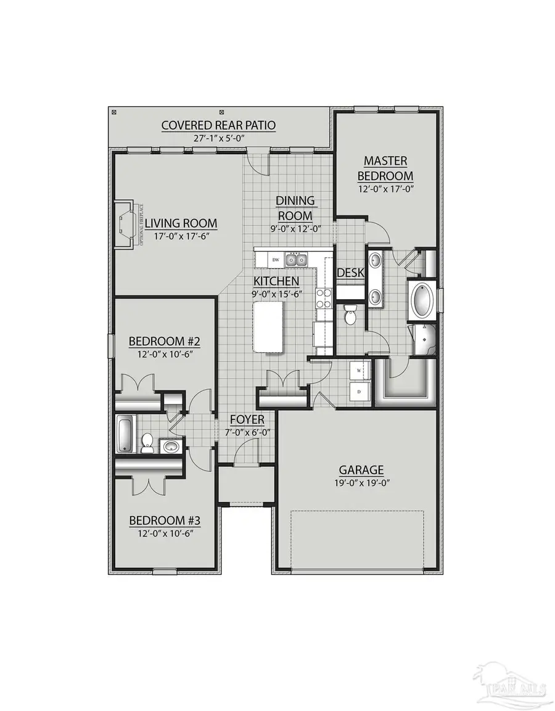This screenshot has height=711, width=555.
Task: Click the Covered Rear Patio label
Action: coord(218,125)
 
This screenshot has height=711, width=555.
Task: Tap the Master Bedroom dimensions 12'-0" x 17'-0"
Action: coord(385,189)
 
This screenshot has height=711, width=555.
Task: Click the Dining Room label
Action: coord(295,208)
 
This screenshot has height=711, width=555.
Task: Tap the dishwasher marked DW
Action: coord(276,260)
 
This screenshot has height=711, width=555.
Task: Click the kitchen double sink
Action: coord(295,260)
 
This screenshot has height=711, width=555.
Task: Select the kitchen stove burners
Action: coord(324,298)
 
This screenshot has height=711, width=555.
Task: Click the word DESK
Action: coord(350,273)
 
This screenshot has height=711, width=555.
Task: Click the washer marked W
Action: coord(359,371)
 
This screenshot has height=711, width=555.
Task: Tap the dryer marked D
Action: coord(359,391)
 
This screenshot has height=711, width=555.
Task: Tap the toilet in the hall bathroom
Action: coord(148,442)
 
